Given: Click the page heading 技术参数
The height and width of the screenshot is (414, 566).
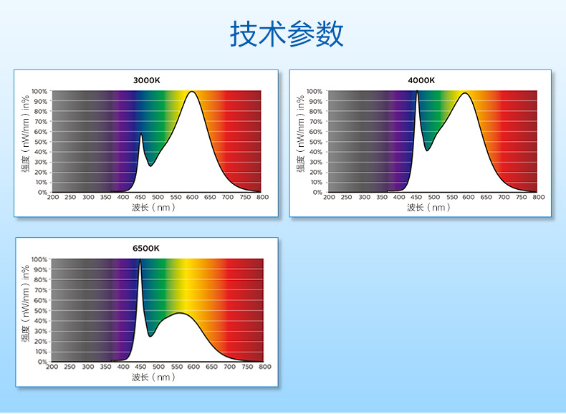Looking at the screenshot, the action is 287,34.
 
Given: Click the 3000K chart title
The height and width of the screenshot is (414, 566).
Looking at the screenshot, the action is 147,80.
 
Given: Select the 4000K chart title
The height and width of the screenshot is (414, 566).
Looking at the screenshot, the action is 421,80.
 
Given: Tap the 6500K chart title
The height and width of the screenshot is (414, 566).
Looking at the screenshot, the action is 146,249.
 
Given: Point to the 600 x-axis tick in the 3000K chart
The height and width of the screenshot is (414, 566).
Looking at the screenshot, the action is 193,197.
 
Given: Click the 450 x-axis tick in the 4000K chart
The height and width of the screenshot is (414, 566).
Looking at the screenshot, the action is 416,197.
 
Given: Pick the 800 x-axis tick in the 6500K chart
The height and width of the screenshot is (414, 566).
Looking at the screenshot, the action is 265,367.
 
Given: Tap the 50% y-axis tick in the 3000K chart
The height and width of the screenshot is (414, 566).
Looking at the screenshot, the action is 41,142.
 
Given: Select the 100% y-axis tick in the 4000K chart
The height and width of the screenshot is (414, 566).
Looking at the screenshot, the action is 315,91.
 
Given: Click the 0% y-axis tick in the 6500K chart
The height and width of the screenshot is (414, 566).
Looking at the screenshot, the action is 42,362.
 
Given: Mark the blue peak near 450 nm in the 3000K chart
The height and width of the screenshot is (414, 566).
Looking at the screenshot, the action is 141,134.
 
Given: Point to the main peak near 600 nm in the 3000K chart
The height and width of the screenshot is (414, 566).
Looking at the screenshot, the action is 192,91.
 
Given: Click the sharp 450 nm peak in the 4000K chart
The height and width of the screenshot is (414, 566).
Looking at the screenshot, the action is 417,91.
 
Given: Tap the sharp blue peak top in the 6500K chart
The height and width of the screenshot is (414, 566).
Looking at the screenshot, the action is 140,259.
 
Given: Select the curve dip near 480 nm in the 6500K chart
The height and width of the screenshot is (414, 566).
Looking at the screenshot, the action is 150,337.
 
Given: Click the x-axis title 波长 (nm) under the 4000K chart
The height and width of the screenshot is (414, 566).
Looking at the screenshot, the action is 429,208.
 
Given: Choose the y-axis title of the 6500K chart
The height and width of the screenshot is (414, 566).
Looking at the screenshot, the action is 25,304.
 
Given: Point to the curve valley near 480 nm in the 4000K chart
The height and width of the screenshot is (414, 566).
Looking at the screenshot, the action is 427,150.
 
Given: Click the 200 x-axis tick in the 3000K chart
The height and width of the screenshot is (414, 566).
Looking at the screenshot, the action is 53,197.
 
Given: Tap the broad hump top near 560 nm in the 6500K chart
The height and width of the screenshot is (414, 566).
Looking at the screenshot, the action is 179,312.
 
